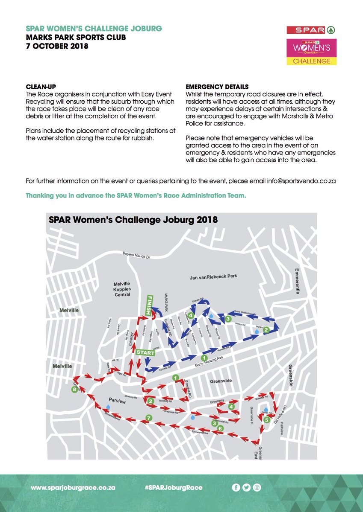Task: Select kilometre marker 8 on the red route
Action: pyautogui.click(x=75, y=390)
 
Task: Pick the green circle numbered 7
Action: pyautogui.click(x=148, y=417)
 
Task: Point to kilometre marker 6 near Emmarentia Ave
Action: pyautogui.click(x=220, y=428)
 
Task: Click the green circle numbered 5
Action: pyautogui.click(x=266, y=420)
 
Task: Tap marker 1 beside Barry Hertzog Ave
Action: pyautogui.click(x=204, y=358)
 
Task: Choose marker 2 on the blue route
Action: pyautogui.click(x=266, y=329)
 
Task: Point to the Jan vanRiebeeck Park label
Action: pyautogui.click(x=213, y=276)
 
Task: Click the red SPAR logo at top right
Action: pyautogui.click(x=311, y=30)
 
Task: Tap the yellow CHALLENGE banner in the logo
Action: pyautogui.click(x=311, y=61)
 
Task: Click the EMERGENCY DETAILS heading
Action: pyautogui.click(x=217, y=87)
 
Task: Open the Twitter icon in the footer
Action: pyautogui.click(x=246, y=487)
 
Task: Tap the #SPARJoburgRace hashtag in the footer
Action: pyautogui.click(x=174, y=487)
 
